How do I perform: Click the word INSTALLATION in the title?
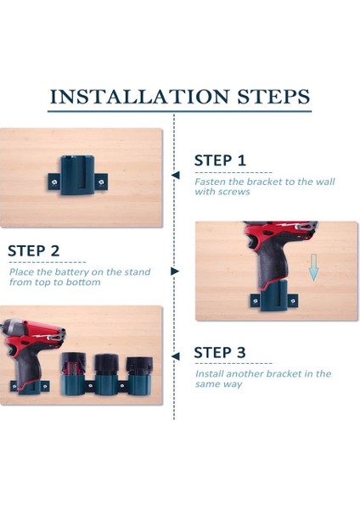tap(139, 97)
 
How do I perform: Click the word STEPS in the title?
tap(273, 97)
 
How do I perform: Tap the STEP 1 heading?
tap(220, 160)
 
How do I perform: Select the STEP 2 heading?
tap(33, 250)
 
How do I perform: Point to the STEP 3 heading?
tap(220, 353)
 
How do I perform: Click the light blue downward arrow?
tap(313, 267)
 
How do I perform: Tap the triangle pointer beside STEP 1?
tap(176, 176)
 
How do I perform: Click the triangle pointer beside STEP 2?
tap(175, 271)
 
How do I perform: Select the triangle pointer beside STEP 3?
tap(176, 356)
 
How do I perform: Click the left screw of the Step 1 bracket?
tap(54, 182)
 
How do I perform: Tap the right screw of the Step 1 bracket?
tap(101, 182)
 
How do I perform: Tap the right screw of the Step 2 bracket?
tap(293, 301)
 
